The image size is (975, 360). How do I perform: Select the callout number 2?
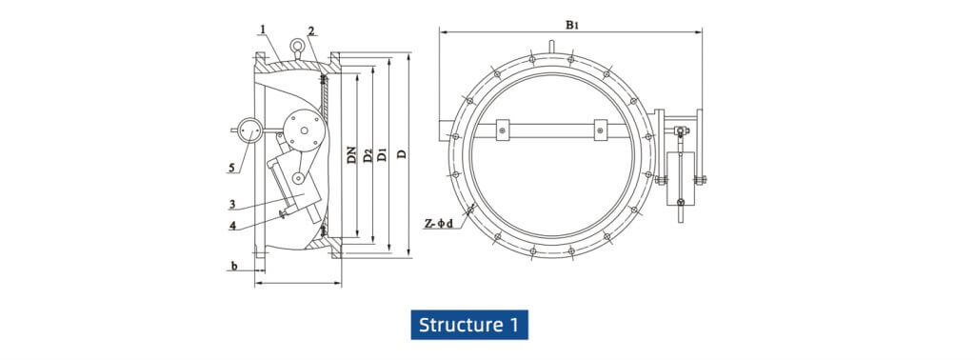311,31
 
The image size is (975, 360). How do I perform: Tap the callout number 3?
231,204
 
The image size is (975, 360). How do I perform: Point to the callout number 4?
231,226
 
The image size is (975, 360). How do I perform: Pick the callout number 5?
231,168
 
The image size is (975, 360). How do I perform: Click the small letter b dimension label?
233,267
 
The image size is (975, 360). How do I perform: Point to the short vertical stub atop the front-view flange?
551,44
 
